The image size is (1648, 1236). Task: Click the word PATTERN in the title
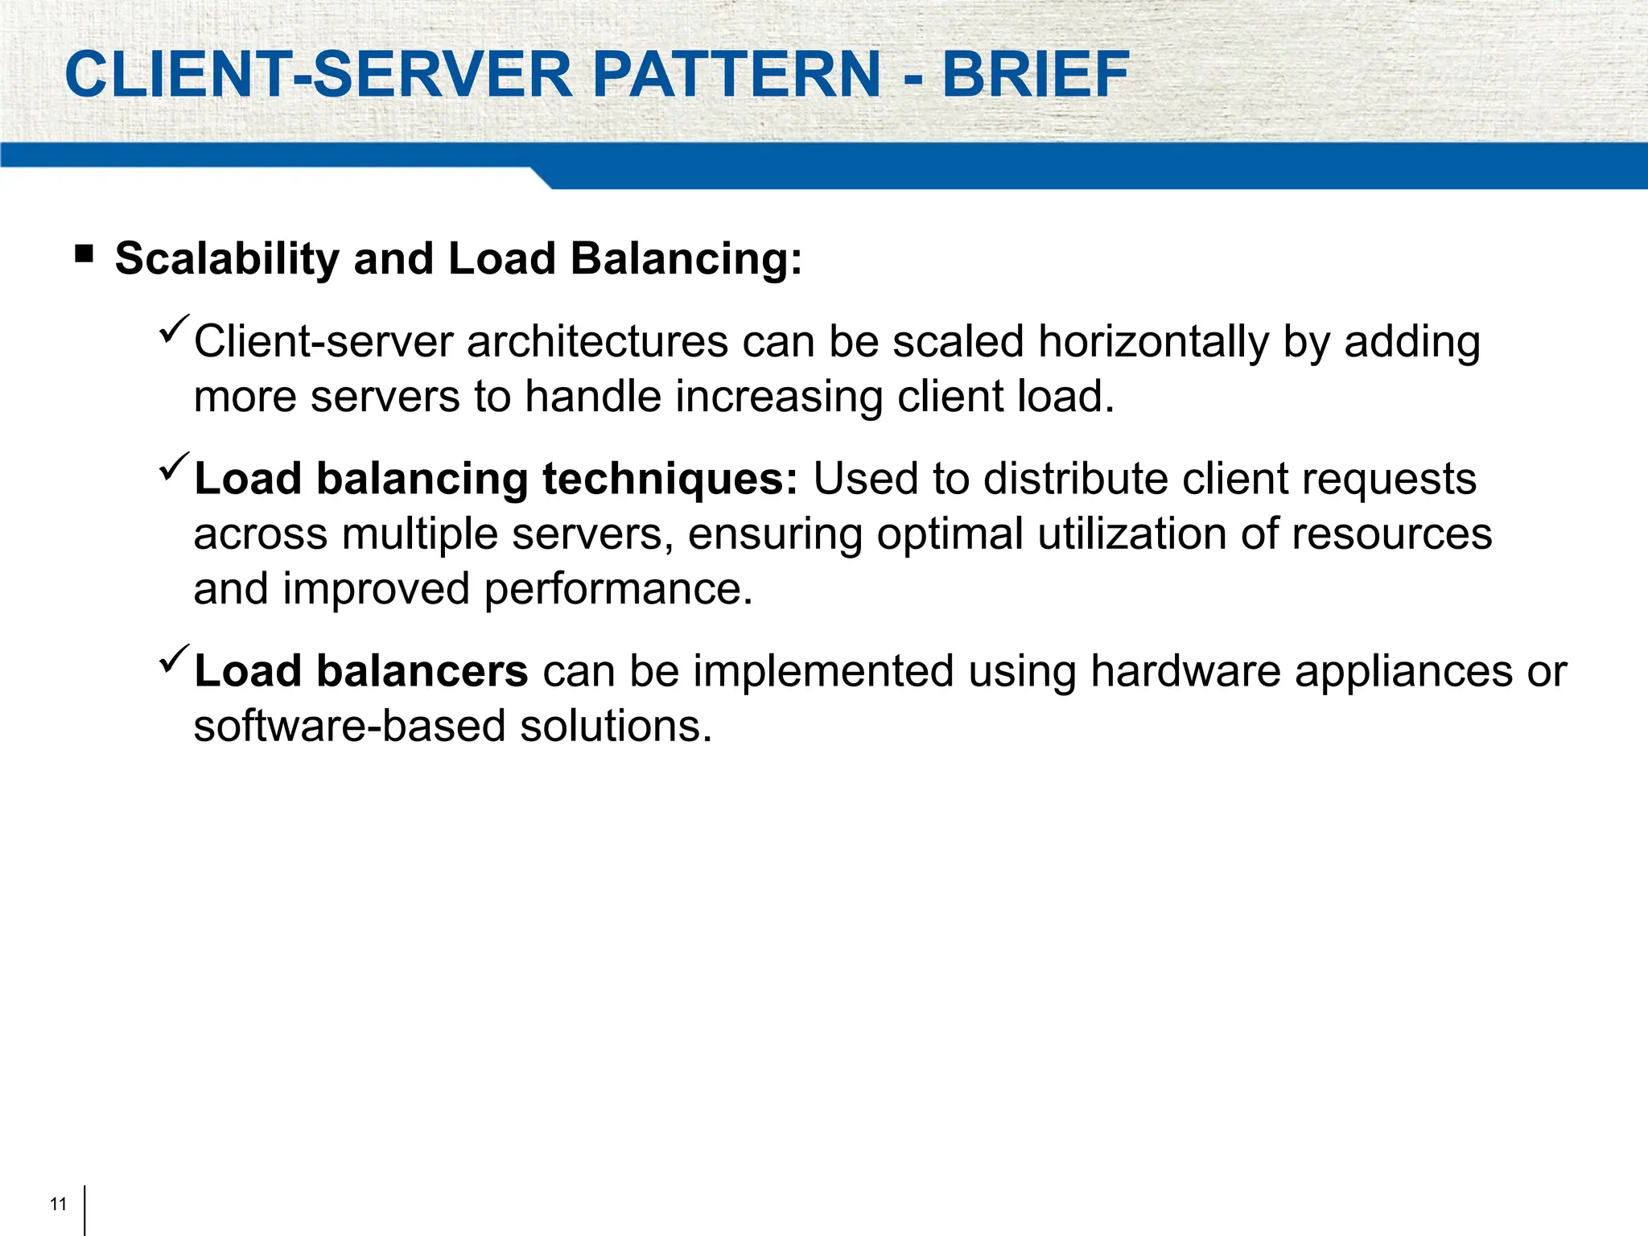pyautogui.click(x=736, y=75)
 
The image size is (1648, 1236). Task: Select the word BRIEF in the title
pyautogui.click(x=1036, y=75)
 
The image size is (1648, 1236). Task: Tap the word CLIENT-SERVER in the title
pyautogui.click(x=319, y=75)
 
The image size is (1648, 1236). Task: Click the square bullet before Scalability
pyautogui.click(x=84, y=255)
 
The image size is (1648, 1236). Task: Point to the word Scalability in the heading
pyautogui.click(x=227, y=260)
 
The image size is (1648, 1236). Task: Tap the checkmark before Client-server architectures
pyautogui.click(x=174, y=329)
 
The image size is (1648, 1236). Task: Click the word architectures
pyautogui.click(x=597, y=342)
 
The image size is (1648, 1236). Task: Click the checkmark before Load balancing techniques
pyautogui.click(x=174, y=467)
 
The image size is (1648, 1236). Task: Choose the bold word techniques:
pyautogui.click(x=669, y=480)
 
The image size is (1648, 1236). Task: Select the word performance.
pyautogui.click(x=618, y=590)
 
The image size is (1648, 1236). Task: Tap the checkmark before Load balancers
pyautogui.click(x=174, y=659)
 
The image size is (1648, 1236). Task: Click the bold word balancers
pyautogui.click(x=422, y=671)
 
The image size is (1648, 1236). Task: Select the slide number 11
pyautogui.click(x=58, y=1204)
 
